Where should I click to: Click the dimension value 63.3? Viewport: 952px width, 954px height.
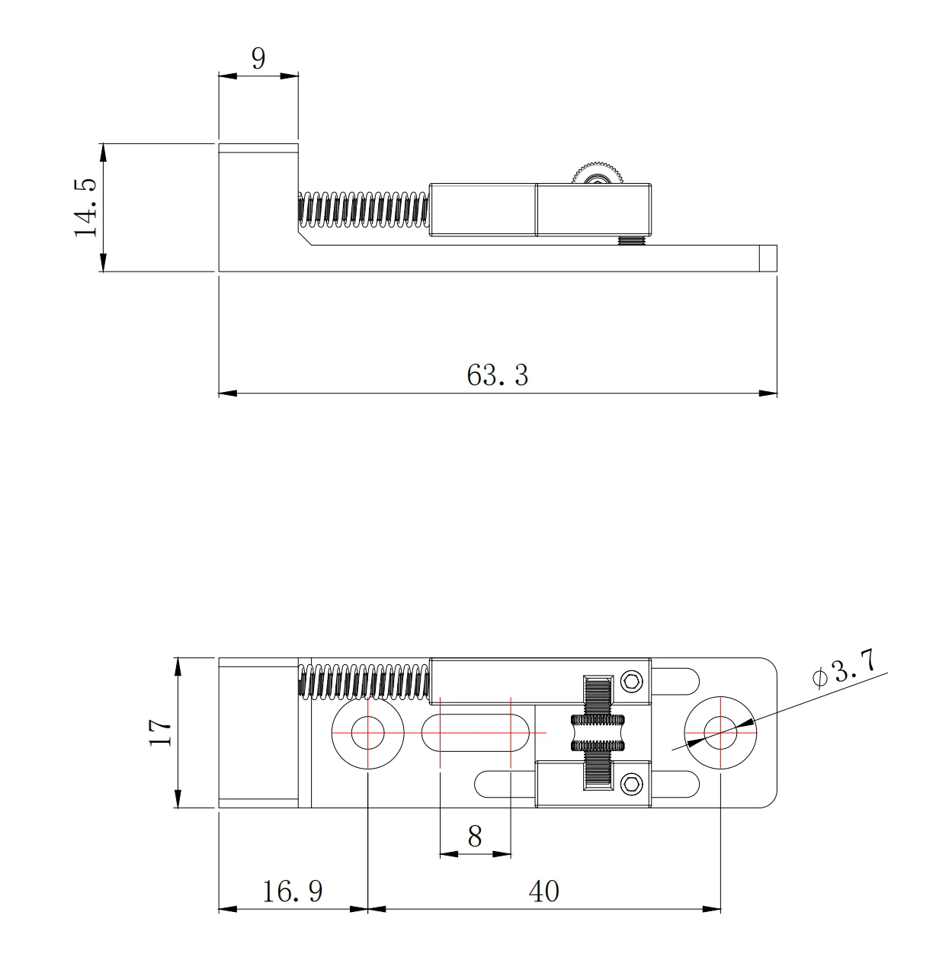(497, 375)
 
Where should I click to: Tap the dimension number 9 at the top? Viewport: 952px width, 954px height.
(258, 58)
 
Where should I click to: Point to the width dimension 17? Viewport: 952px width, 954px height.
(160, 733)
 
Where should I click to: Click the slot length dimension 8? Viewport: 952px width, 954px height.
(475, 837)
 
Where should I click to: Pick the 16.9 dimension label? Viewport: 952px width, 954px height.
(293, 891)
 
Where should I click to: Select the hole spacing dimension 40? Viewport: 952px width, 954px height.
(544, 891)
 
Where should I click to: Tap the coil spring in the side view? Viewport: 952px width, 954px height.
(363, 210)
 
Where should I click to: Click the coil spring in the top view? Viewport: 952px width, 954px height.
(363, 681)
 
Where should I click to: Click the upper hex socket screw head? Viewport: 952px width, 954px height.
(631, 681)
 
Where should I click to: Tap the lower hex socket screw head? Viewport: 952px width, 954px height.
(631, 783)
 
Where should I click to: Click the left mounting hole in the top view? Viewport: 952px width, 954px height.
(368, 732)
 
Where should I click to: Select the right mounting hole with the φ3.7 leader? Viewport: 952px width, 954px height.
(720, 732)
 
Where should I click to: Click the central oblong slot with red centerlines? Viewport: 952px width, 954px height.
(475, 732)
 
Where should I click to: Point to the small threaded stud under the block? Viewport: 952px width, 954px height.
(630, 240)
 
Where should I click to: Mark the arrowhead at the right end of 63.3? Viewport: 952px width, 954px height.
(769, 393)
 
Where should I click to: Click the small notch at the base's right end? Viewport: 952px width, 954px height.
(769, 258)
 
